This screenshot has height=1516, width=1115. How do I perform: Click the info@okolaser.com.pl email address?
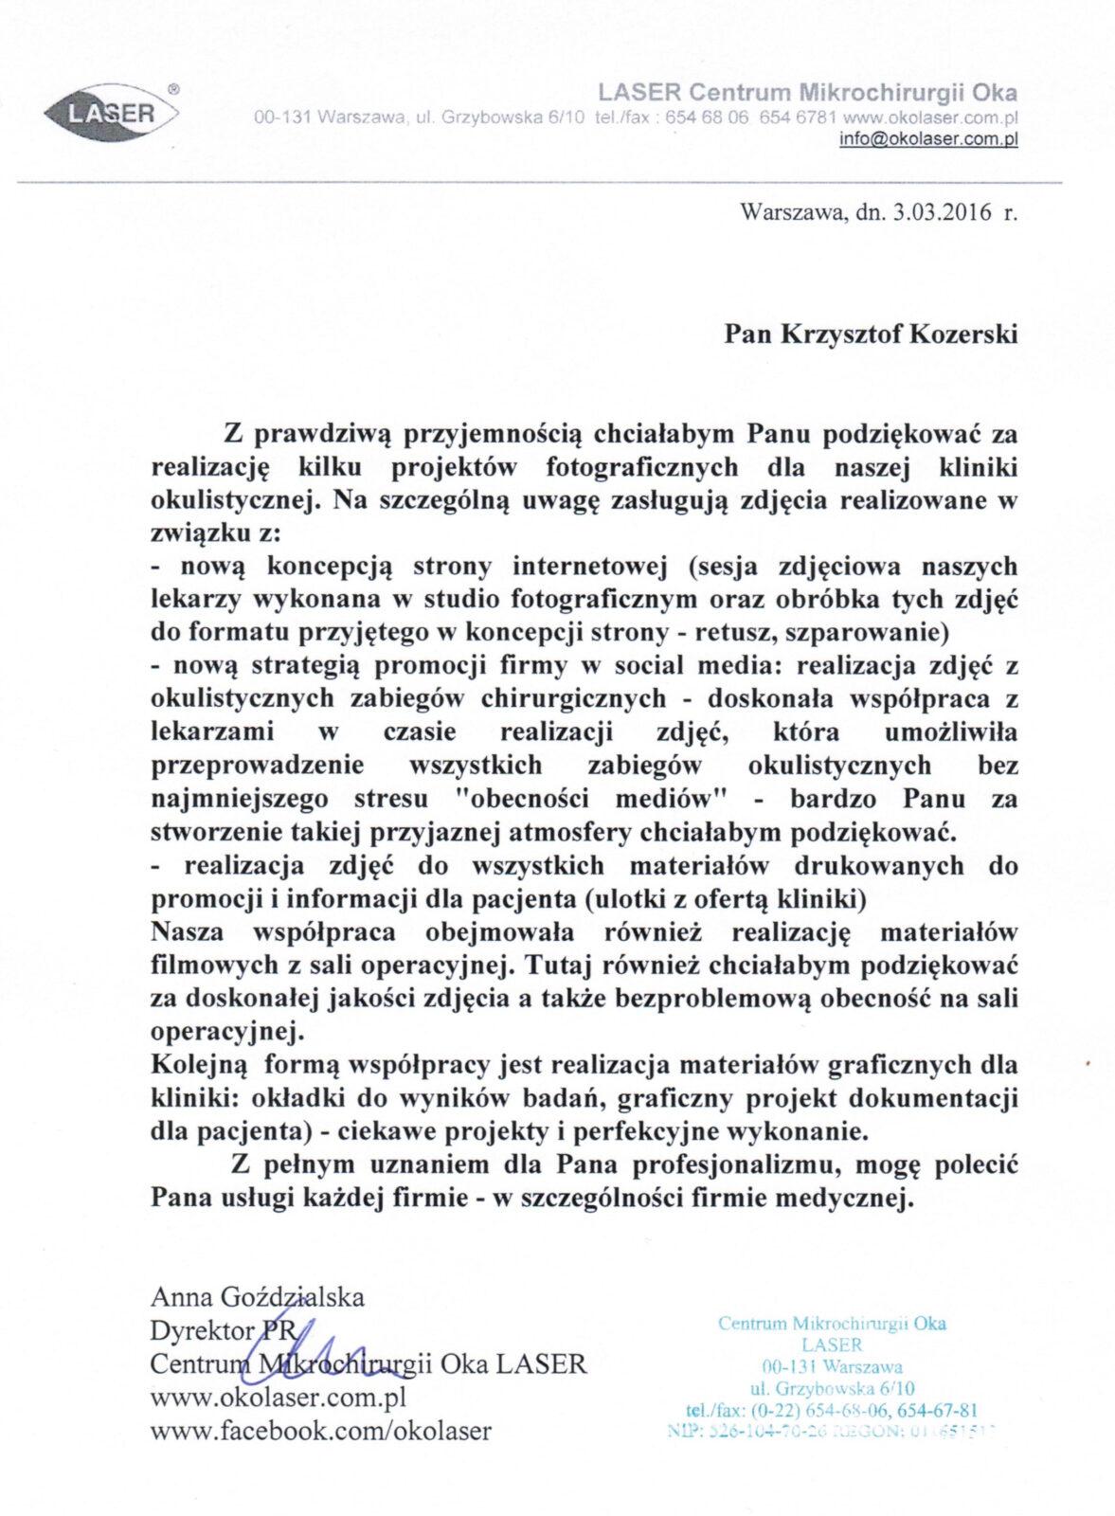tap(928, 138)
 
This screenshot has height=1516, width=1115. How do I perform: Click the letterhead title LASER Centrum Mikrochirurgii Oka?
tap(807, 92)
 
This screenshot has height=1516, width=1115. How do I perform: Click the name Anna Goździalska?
tap(257, 1296)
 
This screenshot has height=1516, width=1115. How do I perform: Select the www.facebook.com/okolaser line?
tap(320, 1431)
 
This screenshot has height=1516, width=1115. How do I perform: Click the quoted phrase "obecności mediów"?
tap(591, 799)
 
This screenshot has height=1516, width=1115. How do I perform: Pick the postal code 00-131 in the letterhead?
tap(282, 119)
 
